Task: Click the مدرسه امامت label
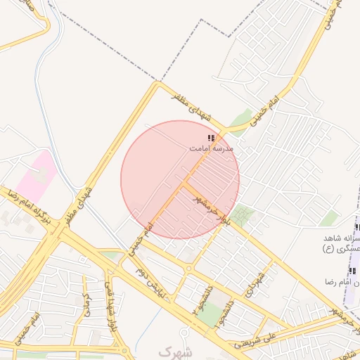pyautogui.click(x=211, y=149)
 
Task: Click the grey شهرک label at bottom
pyautogui.click(x=174, y=350)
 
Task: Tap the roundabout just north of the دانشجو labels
pyautogui.click(x=189, y=268)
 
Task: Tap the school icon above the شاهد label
pyautogui.click(x=356, y=227)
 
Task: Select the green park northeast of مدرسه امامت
pyautogui.click(x=242, y=120)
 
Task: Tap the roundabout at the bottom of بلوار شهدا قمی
pyautogui.click(x=124, y=349)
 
